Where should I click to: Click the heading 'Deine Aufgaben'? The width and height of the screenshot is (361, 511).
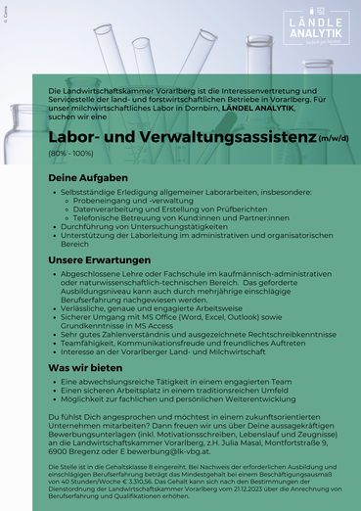pos(88,177)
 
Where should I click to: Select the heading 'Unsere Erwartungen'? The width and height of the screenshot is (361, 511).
pos(101,260)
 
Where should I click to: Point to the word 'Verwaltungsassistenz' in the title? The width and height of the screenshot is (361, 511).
pos(225,137)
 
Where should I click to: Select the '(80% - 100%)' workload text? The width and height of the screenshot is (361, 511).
pos(71,155)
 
